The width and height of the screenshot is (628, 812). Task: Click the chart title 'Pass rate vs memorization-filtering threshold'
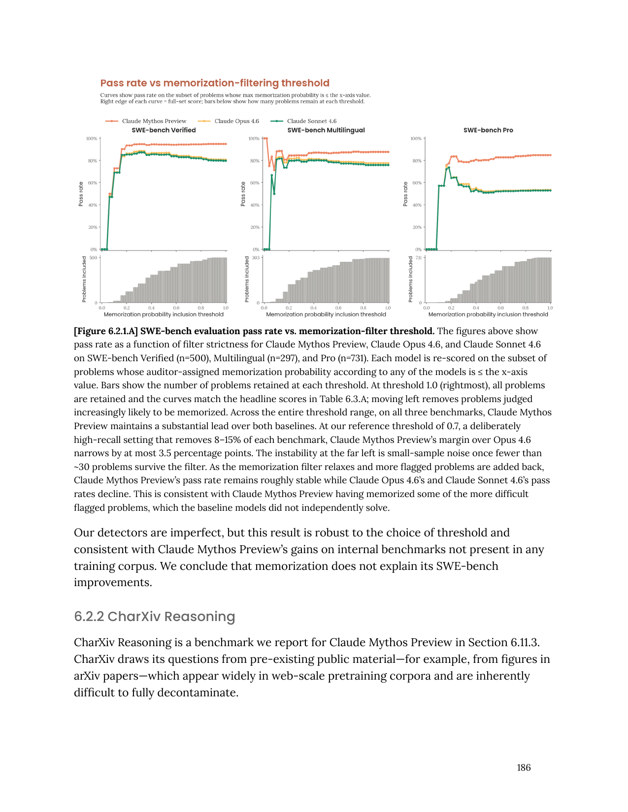pos(215,83)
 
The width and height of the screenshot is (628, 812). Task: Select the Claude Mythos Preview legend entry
pos(154,121)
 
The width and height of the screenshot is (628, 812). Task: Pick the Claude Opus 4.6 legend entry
pos(236,121)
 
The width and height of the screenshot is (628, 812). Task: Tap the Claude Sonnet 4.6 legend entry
pos(311,121)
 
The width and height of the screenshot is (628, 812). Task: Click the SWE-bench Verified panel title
pos(164,130)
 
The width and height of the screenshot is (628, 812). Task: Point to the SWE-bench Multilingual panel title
pos(326,130)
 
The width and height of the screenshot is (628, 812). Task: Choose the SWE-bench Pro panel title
pos(488,130)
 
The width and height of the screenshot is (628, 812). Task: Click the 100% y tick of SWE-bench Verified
pos(92,139)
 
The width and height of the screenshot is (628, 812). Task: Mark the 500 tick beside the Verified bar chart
pos(93,258)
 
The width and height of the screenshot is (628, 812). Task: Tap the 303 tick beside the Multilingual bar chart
pos(256,258)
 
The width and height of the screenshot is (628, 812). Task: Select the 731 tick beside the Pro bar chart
pos(418,258)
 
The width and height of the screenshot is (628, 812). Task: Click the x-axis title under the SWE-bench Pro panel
pos(488,314)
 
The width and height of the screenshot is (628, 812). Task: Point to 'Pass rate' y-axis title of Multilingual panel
pos(243,194)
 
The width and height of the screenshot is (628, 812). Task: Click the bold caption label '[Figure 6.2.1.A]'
pos(106,331)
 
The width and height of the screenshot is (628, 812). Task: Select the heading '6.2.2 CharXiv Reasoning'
pos(154,617)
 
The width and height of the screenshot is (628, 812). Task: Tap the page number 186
pos(524,768)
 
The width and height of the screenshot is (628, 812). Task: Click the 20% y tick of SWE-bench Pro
pos(417,227)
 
